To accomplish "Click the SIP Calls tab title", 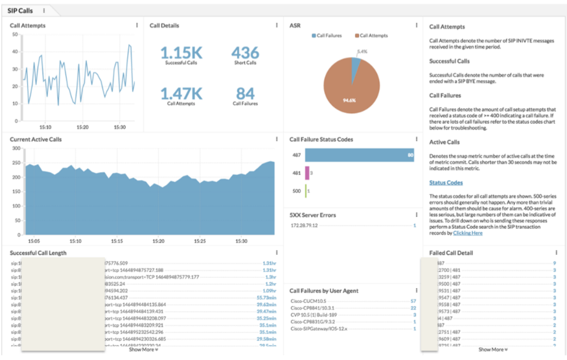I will point(20,10).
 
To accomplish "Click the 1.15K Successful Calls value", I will point(181,52).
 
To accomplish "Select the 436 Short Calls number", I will point(245,52).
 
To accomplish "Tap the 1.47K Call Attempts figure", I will point(181,93).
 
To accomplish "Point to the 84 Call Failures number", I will point(245,93).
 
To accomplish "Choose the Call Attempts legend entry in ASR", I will point(373,36).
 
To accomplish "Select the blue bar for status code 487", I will point(359,155).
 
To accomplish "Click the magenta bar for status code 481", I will point(307,173).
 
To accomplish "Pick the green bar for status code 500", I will point(306,191).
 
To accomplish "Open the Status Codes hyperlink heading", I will point(446,183).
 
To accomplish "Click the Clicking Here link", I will point(467,233).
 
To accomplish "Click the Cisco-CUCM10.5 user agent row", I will point(308,302).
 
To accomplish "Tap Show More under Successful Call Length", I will point(143,350).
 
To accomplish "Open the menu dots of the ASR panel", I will point(416,26).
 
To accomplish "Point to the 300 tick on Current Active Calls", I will point(16,148).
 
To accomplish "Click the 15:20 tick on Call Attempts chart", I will point(82,127).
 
